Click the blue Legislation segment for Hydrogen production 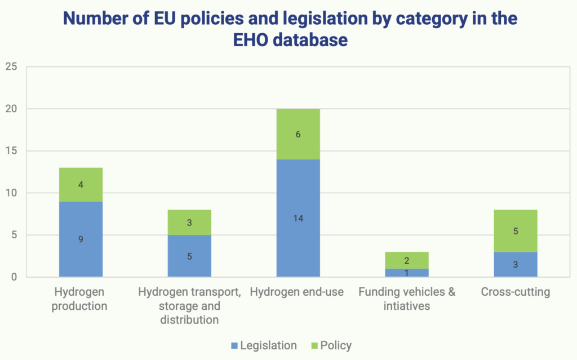81,239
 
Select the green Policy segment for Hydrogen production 81,184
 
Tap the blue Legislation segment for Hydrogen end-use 298,218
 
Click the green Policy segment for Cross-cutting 515,230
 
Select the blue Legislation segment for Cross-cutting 515,264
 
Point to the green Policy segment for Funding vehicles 406,260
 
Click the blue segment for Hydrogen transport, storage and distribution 189,256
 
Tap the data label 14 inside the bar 298,218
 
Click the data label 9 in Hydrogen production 81,239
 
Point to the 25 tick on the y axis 11,67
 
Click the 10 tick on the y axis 11,193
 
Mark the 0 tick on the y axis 14,277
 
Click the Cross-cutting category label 515,292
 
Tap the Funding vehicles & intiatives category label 406,299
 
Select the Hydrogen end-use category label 298,292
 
